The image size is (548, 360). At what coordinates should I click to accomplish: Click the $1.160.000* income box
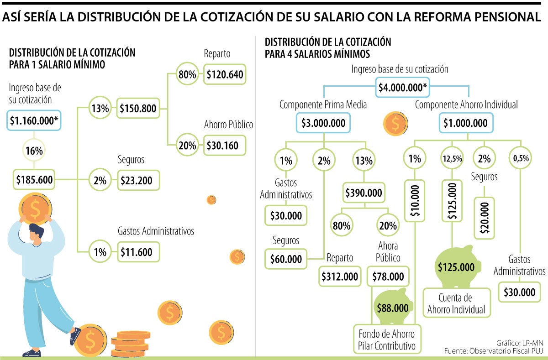pyautogui.click(x=35, y=120)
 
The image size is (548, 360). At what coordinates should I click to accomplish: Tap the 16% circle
pyautogui.click(x=35, y=150)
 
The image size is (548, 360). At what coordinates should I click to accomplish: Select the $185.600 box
pyautogui.click(x=35, y=180)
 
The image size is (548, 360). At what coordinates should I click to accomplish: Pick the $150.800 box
pyautogui.click(x=138, y=109)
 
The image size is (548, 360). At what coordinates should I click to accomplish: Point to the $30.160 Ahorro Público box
pyautogui.click(x=225, y=146)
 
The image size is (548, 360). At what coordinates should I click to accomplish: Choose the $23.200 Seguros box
pyautogui.click(x=138, y=180)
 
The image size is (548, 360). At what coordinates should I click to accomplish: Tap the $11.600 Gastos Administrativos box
pyautogui.click(x=138, y=251)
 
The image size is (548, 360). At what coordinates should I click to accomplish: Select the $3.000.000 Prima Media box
pyautogui.click(x=323, y=123)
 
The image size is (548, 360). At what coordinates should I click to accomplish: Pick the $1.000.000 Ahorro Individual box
pyautogui.click(x=465, y=123)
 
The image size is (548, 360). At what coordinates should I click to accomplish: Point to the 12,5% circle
pyautogui.click(x=451, y=159)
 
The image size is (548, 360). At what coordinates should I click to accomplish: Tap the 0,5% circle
pyautogui.click(x=521, y=159)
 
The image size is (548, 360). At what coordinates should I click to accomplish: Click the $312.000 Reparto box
pyautogui.click(x=340, y=277)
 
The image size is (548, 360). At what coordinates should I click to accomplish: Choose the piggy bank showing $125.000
pyautogui.click(x=456, y=267)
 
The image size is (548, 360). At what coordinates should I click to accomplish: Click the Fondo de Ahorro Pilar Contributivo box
pyautogui.click(x=387, y=339)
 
